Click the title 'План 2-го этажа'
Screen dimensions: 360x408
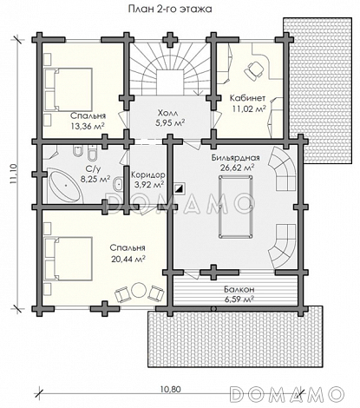coord(170,9)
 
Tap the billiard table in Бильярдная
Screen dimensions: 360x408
coord(235,207)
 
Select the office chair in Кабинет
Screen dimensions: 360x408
coord(254,70)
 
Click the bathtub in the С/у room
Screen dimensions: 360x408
coord(65,187)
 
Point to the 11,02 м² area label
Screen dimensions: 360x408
coord(249,109)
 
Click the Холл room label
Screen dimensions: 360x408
coord(170,113)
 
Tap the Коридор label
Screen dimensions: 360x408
coord(148,175)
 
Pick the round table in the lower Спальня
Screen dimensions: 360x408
coord(138,290)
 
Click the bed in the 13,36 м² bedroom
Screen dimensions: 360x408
coord(69,89)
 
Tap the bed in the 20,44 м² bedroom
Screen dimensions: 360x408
coord(69,259)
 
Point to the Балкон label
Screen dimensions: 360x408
coord(239,289)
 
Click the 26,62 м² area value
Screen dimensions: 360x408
coord(237,168)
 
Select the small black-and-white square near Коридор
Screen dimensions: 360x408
coord(180,189)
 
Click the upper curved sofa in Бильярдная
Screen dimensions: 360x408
coord(283,168)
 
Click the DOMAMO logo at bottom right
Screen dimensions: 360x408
coord(287,394)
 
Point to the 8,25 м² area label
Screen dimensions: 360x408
coord(95,180)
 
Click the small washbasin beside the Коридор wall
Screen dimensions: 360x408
coord(119,184)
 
